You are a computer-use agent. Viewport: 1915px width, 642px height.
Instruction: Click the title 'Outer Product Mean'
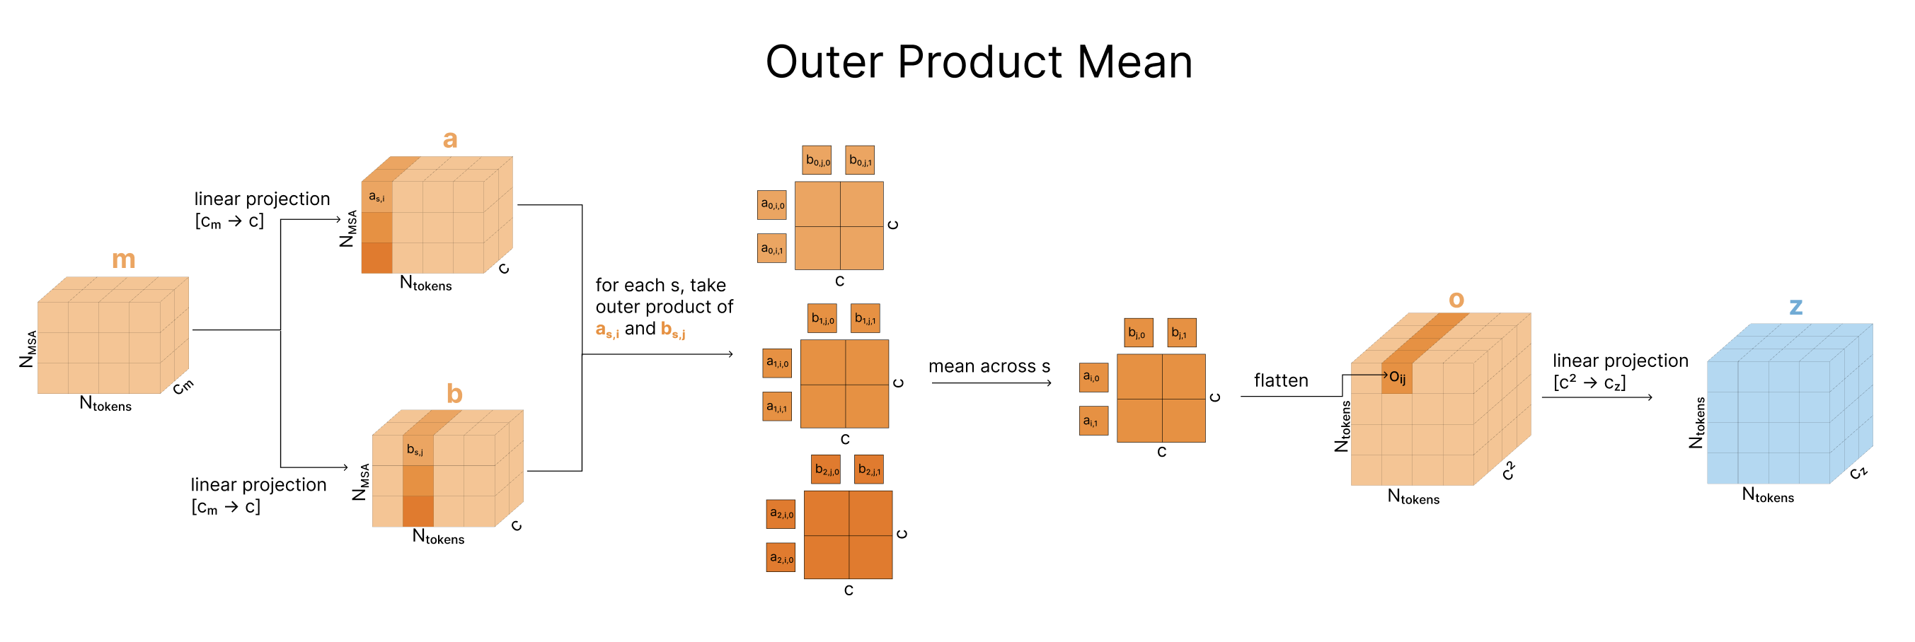[978, 62]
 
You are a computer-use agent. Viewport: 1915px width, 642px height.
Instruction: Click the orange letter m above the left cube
[123, 259]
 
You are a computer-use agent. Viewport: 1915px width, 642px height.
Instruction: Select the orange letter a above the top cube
[450, 139]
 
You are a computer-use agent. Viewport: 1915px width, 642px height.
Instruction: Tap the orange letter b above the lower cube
[454, 393]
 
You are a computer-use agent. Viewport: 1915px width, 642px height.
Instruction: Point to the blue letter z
[1795, 305]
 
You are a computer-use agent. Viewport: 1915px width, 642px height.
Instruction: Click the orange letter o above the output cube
[1456, 300]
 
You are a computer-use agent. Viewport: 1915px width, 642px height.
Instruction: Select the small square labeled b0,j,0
[817, 160]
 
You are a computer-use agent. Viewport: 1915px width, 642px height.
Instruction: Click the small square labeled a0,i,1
[772, 249]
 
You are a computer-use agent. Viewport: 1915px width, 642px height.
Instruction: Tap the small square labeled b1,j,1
[865, 319]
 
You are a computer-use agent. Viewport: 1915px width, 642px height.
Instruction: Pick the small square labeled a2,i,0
[781, 513]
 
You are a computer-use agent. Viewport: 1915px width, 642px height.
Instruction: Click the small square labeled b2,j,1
[868, 469]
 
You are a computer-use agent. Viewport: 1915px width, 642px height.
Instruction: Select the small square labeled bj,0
[1137, 333]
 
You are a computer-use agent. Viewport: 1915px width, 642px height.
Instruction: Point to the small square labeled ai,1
[1093, 421]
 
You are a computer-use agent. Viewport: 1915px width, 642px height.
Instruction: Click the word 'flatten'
[1280, 380]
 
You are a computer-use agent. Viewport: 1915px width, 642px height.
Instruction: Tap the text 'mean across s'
[989, 366]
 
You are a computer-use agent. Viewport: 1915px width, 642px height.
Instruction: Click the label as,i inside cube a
[377, 197]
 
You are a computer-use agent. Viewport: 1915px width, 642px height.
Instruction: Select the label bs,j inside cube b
[415, 450]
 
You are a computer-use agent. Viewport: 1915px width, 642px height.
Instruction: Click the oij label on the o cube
[1397, 378]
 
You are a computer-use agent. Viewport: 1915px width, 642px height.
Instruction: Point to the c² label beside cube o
[1507, 470]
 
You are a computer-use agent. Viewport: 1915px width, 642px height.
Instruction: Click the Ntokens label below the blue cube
[1767, 495]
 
